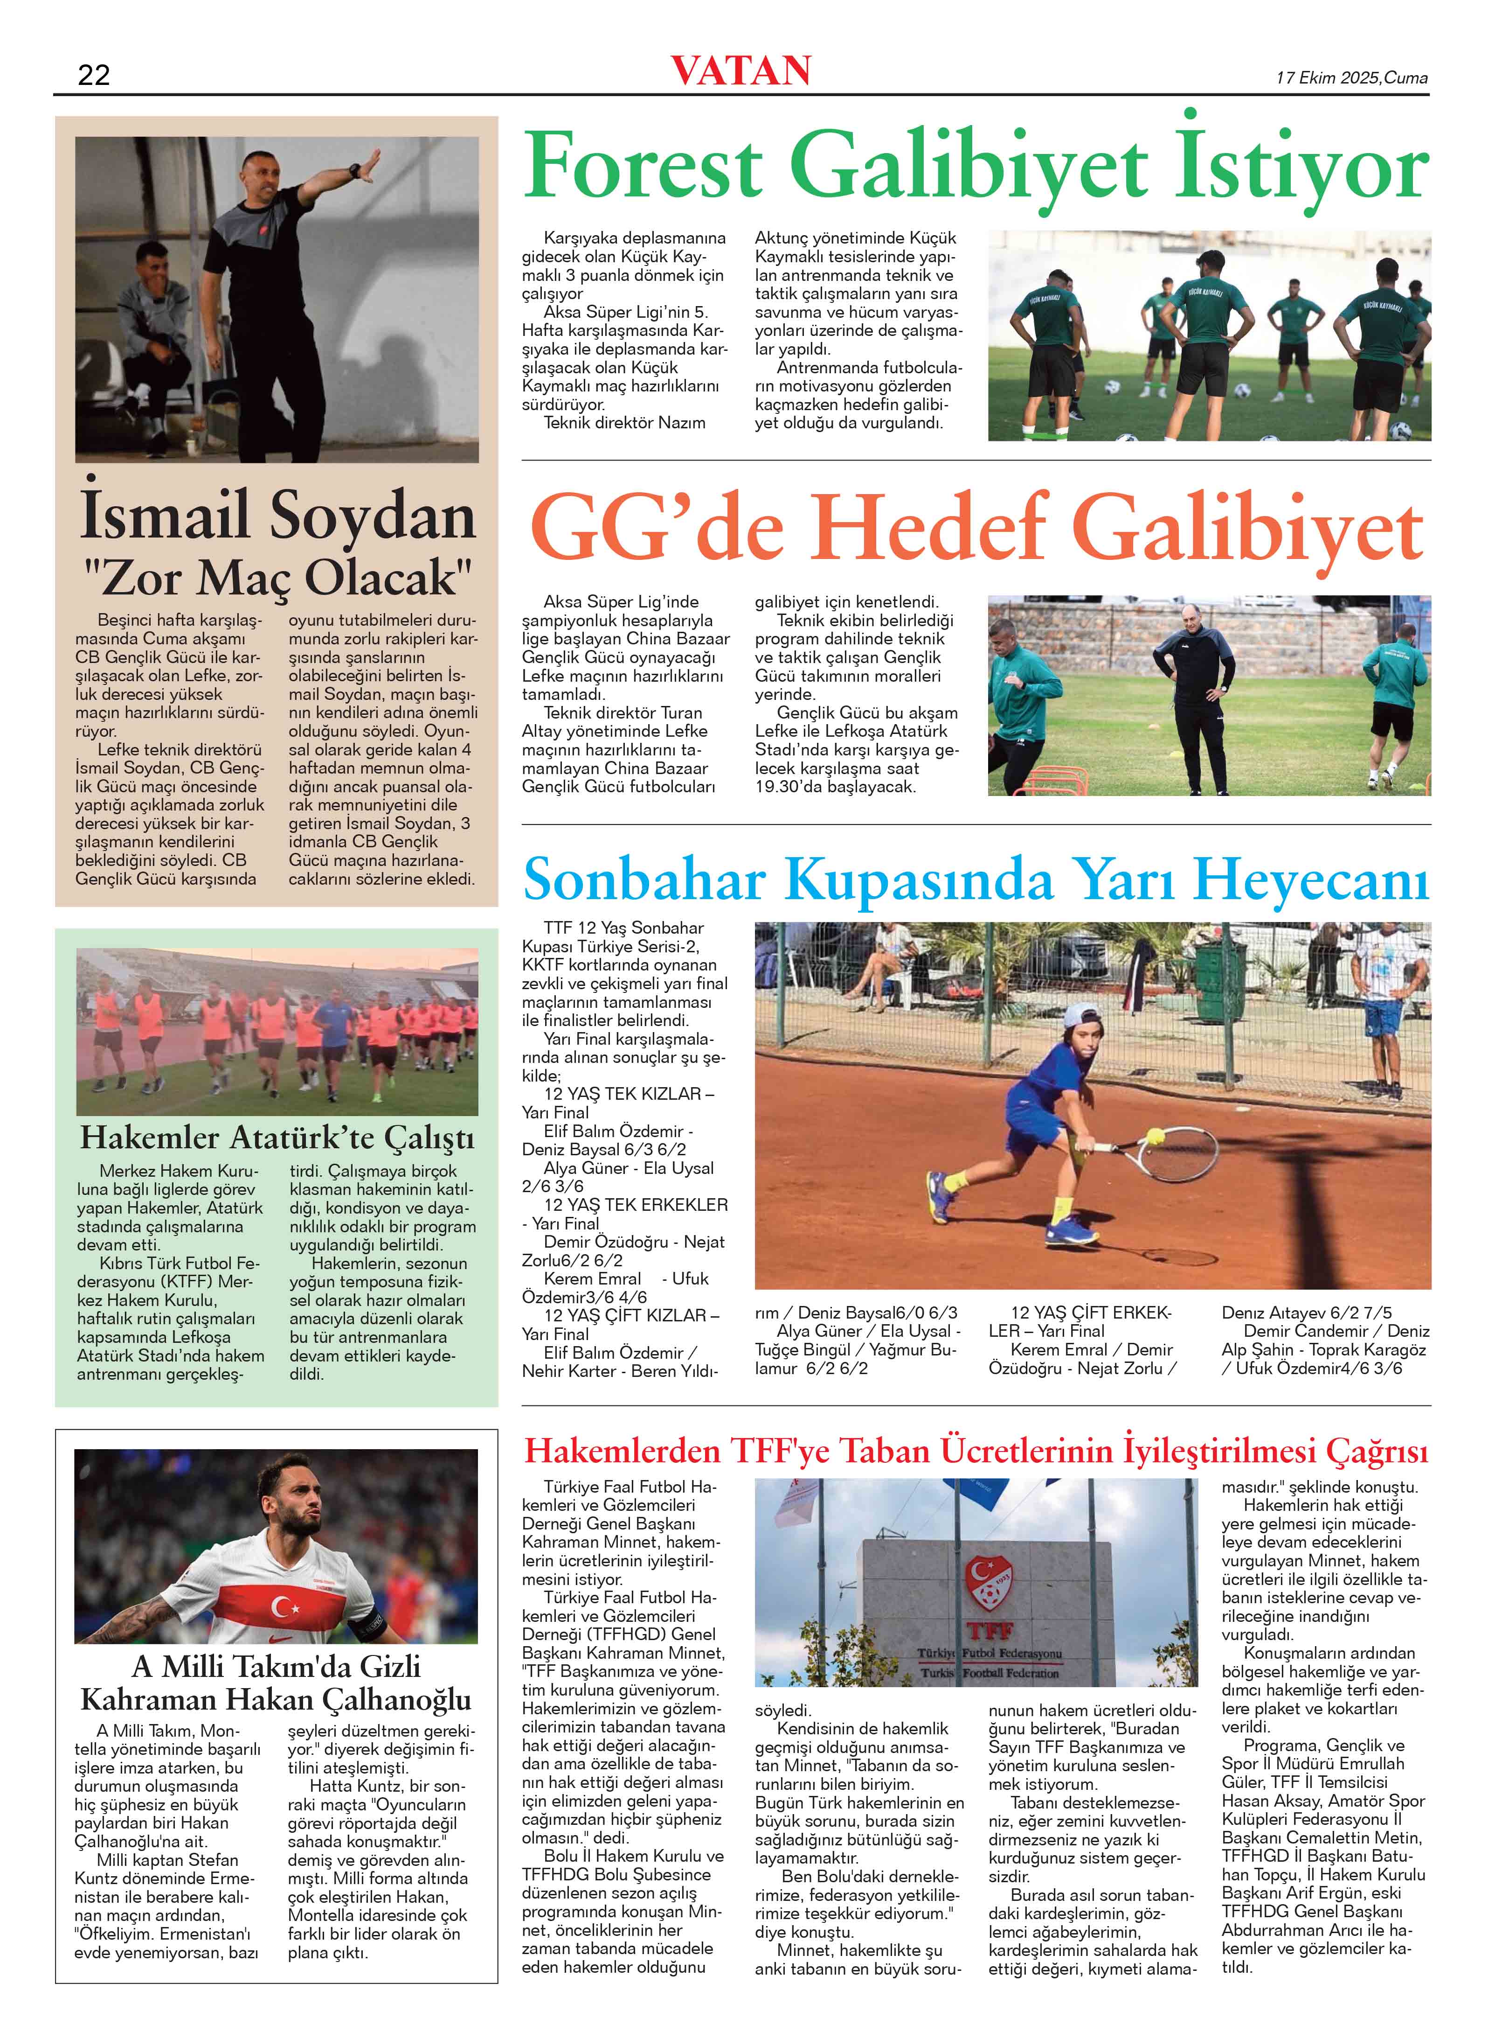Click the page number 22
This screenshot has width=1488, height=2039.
pyautogui.click(x=94, y=75)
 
